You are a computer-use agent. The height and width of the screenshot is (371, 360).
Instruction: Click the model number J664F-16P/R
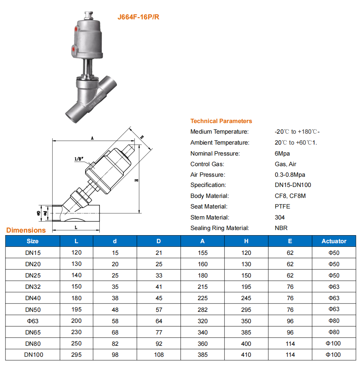tap(138, 17)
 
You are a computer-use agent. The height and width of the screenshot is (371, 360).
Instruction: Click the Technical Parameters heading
tap(221, 121)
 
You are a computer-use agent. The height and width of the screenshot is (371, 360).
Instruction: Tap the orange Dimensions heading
tap(26, 230)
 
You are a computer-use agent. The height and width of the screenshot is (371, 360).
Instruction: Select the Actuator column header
tap(334, 241)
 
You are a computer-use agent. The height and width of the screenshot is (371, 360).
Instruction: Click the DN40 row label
tap(33, 298)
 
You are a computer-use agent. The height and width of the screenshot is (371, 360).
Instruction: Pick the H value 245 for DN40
tap(246, 298)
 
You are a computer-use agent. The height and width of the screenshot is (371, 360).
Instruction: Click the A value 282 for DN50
tap(202, 310)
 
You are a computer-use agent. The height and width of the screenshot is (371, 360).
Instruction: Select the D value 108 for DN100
tap(159, 355)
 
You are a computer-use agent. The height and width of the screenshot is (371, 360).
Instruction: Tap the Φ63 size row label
tap(33, 321)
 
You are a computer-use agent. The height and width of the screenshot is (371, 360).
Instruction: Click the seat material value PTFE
tap(282, 207)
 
